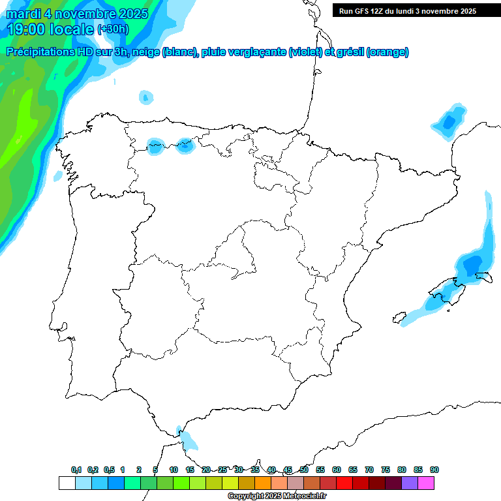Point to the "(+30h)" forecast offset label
coord(113,29)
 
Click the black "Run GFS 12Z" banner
coord(404,11)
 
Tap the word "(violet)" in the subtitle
coord(305,52)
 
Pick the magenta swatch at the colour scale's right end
coord(426,483)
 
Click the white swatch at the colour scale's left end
coord(67,483)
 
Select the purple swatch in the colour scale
coord(410,483)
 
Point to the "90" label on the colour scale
coord(434,470)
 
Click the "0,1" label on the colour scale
coord(76,470)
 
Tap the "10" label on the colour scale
coord(174,470)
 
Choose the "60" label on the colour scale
coord(337,470)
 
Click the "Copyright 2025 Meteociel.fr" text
coord(277,496)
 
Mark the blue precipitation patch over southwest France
coord(448,121)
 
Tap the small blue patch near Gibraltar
coord(189,441)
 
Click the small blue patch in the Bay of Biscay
coord(145,98)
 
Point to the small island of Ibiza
coord(397,318)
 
